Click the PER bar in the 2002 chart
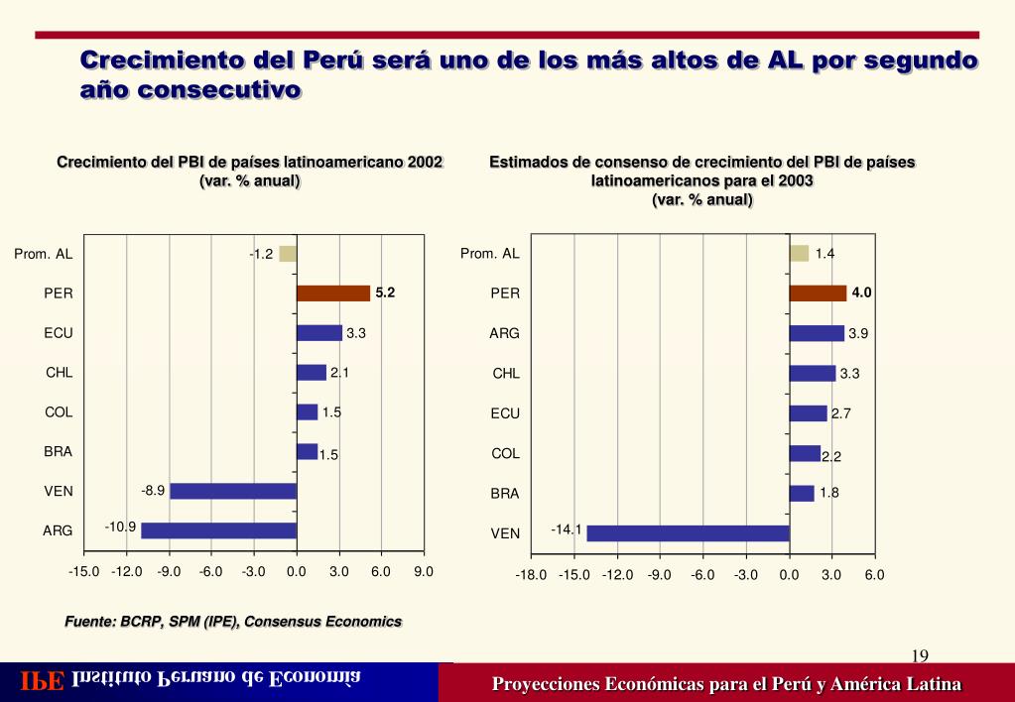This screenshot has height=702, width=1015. (332, 293)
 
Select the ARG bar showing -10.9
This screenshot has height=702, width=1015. (218, 530)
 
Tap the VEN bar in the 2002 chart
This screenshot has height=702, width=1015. (233, 491)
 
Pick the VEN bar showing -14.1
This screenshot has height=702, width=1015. (688, 533)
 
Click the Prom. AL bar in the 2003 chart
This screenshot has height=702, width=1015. (799, 253)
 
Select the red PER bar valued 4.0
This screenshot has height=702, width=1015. (818, 293)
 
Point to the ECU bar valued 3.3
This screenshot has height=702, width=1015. (318, 333)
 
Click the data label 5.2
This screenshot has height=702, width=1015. (385, 292)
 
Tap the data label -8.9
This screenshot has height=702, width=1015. (153, 490)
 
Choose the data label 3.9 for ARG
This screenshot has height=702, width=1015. (858, 333)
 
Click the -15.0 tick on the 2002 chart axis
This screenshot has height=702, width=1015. (84, 571)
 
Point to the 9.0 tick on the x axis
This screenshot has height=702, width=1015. (424, 571)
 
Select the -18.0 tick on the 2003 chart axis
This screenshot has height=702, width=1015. (531, 574)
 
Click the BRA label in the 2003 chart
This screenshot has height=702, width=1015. (505, 493)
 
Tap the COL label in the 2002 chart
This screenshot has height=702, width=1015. (59, 411)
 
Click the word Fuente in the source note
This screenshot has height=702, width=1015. (89, 622)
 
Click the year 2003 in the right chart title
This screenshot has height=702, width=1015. (795, 181)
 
